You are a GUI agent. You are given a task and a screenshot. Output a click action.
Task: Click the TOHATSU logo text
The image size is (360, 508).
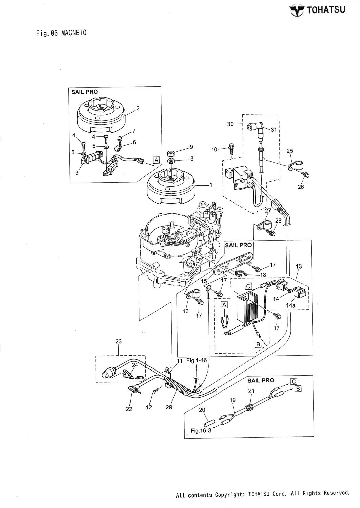[x=326, y=9]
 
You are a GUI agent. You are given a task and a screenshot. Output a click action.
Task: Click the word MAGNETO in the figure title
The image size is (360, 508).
[x=74, y=33]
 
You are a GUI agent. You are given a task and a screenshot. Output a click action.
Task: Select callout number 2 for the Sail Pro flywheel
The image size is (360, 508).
[x=138, y=108]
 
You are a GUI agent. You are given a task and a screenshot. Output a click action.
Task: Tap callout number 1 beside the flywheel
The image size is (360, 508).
[x=211, y=185]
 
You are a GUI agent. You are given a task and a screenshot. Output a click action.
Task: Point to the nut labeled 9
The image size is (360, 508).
[x=172, y=150]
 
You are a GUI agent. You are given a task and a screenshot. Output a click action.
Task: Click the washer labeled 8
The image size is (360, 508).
[x=172, y=159]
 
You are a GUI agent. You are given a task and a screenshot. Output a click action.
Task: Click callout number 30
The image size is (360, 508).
[x=231, y=124]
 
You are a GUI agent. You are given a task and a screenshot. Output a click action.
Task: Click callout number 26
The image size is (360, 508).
[x=301, y=187]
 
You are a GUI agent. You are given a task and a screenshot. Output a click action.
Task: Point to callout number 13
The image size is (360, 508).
[x=299, y=267]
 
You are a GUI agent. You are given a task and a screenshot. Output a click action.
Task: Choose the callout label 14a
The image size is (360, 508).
[x=291, y=305]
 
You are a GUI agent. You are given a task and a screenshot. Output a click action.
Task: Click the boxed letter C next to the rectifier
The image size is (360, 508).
[x=248, y=287]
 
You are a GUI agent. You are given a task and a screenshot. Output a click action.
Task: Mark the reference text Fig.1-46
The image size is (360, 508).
[x=197, y=360]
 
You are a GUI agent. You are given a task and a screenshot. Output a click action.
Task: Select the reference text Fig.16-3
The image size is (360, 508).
[x=201, y=431]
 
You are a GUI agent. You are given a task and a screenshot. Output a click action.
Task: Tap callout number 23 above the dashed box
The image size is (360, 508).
[x=118, y=342]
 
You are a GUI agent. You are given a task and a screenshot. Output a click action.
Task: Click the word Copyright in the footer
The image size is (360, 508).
[x=230, y=495]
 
